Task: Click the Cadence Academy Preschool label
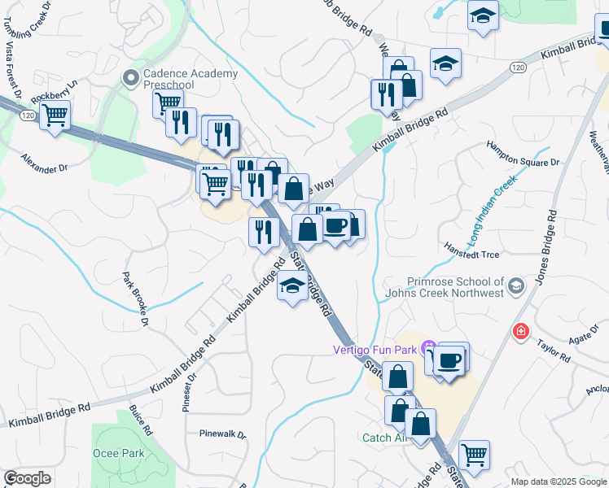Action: pos(191,79)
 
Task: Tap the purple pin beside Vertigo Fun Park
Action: pos(429,349)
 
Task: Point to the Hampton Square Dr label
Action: pos(524,155)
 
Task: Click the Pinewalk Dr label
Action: pos(223,434)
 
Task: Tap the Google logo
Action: pos(27,478)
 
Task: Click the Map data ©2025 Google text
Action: pos(558,481)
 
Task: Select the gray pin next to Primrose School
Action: pos(515,286)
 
